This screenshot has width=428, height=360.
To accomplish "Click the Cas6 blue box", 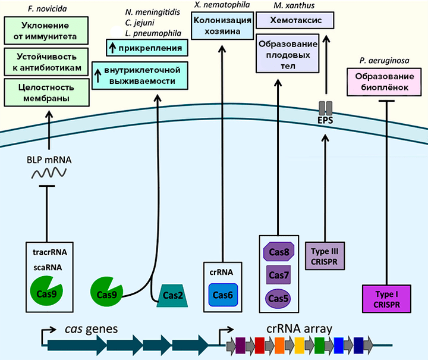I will pos(223,295).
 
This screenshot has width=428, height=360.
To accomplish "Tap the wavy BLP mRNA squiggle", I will pos(48,173).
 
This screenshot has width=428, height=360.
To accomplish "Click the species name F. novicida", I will pos(48,9).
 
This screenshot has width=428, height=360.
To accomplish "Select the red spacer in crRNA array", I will pos(260,344).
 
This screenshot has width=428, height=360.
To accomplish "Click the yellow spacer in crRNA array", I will pos(300,344).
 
